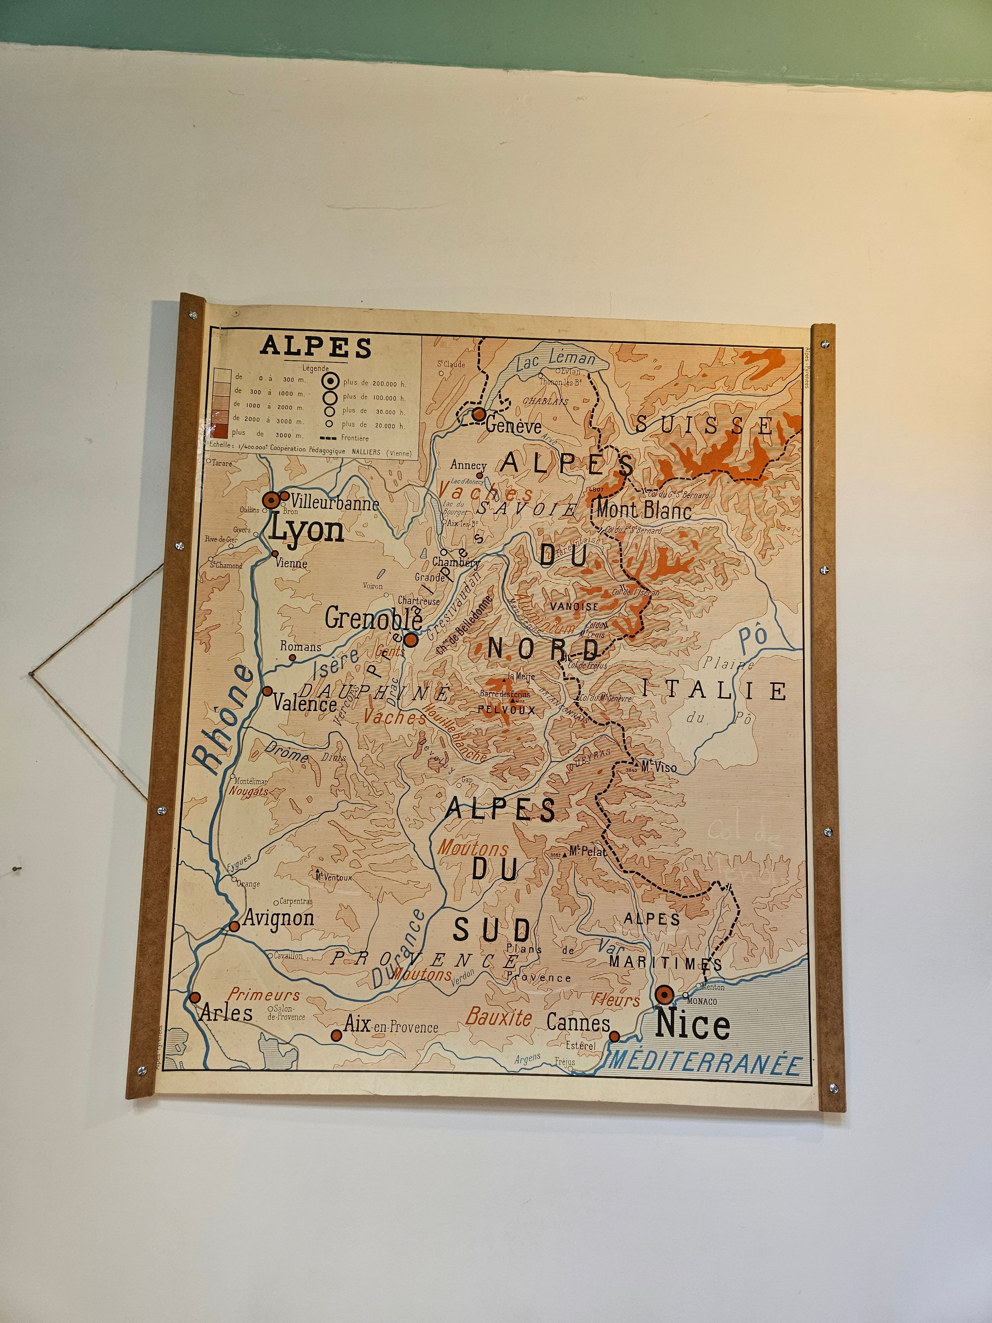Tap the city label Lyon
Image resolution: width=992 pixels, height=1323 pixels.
click(306, 530)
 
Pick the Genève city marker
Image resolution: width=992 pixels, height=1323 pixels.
click(478, 414)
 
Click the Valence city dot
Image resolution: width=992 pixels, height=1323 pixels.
click(267, 691)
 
